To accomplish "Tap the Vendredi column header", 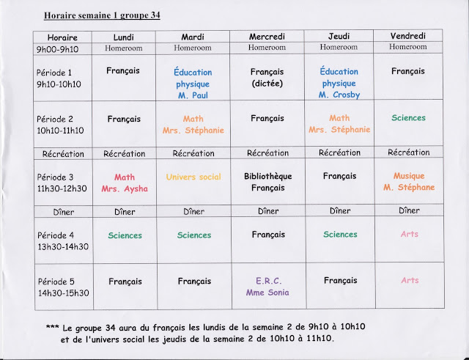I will [x=407, y=35].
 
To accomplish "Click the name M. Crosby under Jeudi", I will [x=339, y=95].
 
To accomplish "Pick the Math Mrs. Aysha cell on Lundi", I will [x=125, y=183].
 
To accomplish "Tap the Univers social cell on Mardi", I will [x=193, y=177].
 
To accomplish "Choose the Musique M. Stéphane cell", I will [x=408, y=182].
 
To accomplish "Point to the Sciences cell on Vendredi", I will [x=408, y=118].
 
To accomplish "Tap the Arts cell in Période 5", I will [x=408, y=281].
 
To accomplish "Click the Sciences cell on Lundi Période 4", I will [x=125, y=235].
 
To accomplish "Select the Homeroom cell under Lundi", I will [x=125, y=48].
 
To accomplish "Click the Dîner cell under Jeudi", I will [x=339, y=211].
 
